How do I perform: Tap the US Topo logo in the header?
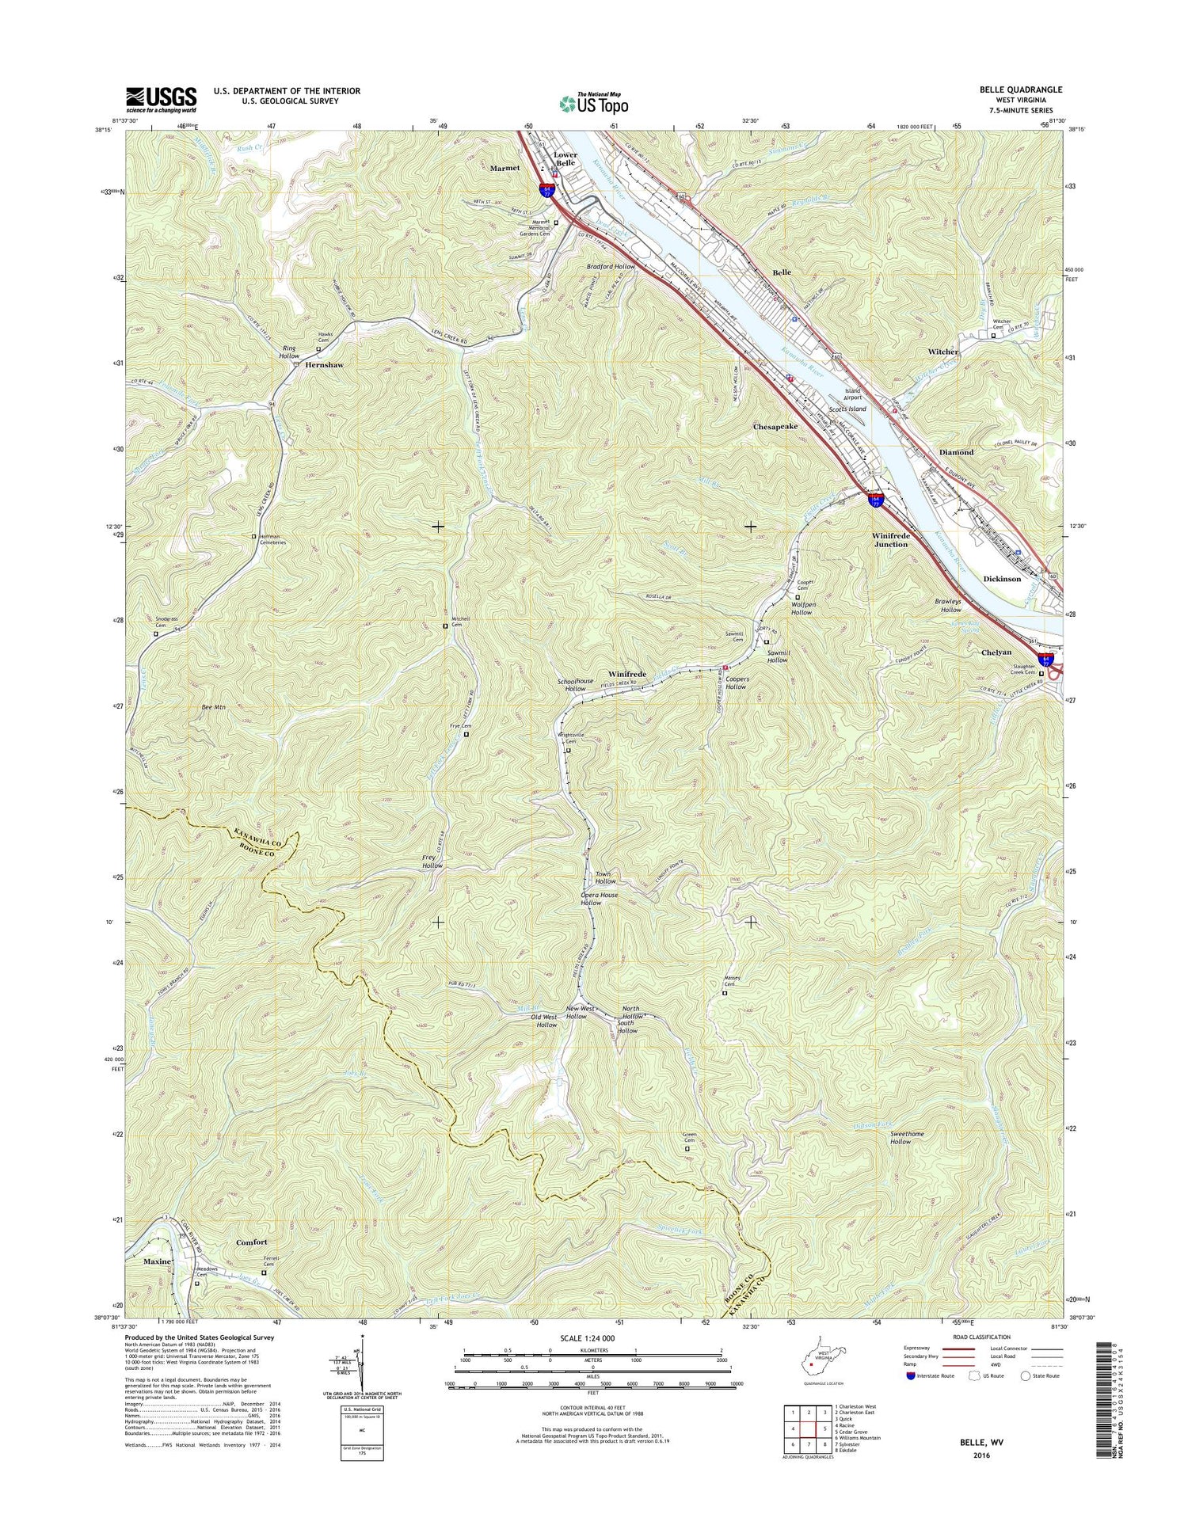tap(594, 103)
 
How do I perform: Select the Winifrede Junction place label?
tap(890, 540)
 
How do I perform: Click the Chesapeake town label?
tap(775, 426)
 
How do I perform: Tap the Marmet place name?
tap(505, 168)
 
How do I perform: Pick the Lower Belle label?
tap(565, 159)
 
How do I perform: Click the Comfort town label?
tap(252, 1242)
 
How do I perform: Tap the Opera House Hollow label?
tap(599, 899)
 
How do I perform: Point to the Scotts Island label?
tap(847, 409)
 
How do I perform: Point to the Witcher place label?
tap(942, 351)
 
